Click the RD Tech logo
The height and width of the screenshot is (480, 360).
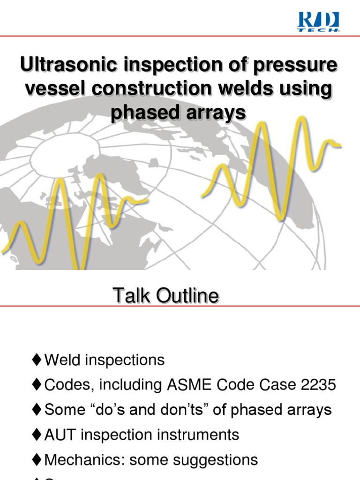click(318, 22)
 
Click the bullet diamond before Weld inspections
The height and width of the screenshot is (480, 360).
click(37, 360)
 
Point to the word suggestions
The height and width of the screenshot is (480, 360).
click(217, 459)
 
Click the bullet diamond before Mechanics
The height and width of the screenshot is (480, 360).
click(37, 459)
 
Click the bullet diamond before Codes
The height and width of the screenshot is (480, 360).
click(37, 385)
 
